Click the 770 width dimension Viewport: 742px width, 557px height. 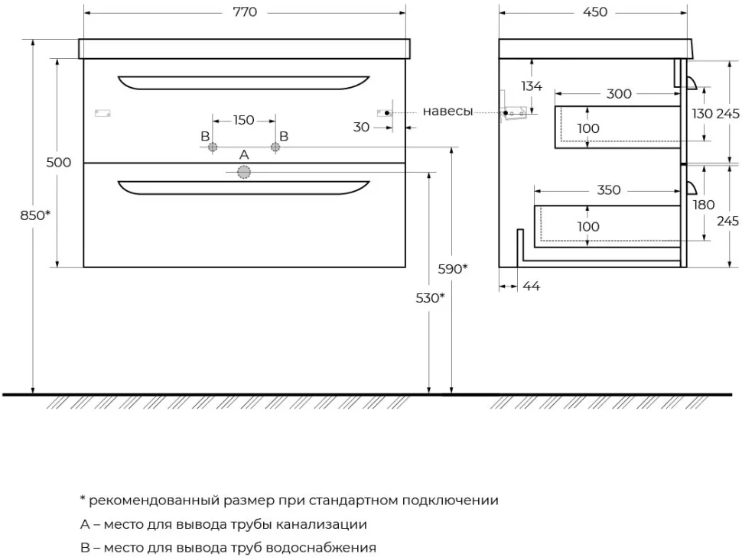pos(245,11)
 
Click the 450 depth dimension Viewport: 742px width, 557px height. pos(595,11)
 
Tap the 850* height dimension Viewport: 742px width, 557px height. pos(35,215)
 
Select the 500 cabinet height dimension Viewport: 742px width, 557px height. pos(59,162)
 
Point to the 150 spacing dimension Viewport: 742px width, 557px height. pos(244,120)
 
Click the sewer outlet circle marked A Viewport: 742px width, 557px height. pos(244,172)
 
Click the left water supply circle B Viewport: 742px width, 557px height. pos(213,147)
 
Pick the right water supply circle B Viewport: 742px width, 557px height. pos(275,147)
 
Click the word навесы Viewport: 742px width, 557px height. pos(447,111)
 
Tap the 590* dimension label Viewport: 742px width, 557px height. pos(453,269)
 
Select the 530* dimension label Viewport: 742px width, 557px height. pos(430,298)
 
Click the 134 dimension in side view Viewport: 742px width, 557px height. pos(532,86)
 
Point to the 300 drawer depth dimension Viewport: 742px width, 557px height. pos(619,94)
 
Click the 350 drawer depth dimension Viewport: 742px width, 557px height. pos(609,190)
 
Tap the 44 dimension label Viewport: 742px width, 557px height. pos(532,286)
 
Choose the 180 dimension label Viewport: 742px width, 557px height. pos(703,205)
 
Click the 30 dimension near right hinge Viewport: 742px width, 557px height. pos(361,127)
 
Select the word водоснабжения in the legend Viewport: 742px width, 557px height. pos(321,548)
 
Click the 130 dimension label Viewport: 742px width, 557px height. pos(702,114)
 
